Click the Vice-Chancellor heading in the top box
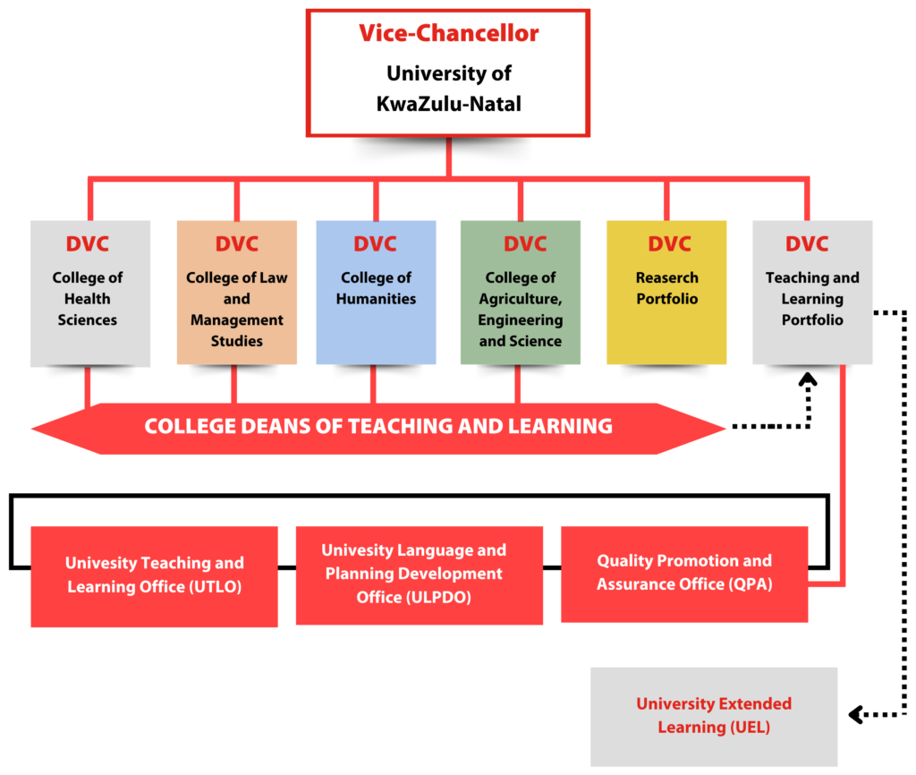448,34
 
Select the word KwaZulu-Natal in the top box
448,104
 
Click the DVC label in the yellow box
669,244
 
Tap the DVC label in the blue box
375,244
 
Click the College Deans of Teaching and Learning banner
378,427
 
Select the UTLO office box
154,575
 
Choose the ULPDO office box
419,574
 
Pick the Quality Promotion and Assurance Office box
683,574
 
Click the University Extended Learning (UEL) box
713,716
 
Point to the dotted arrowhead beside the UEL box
854,715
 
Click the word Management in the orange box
237,319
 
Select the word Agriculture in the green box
521,299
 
